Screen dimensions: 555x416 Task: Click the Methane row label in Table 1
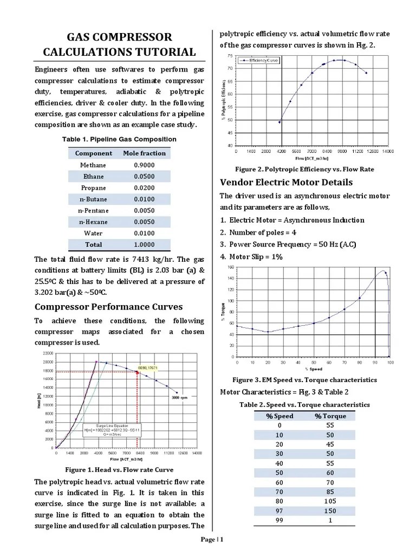93,165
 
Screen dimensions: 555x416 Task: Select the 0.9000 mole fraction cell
144,165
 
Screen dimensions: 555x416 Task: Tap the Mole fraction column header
144,153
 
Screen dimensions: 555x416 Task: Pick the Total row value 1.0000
144,244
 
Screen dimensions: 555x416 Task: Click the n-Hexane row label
93,222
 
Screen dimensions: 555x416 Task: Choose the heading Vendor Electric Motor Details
286,182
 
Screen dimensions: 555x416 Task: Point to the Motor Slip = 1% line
251,257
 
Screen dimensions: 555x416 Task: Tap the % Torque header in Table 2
330,416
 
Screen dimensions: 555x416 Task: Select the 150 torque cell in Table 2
330,511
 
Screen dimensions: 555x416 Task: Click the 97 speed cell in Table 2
279,511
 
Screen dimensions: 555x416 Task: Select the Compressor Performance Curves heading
108,307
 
